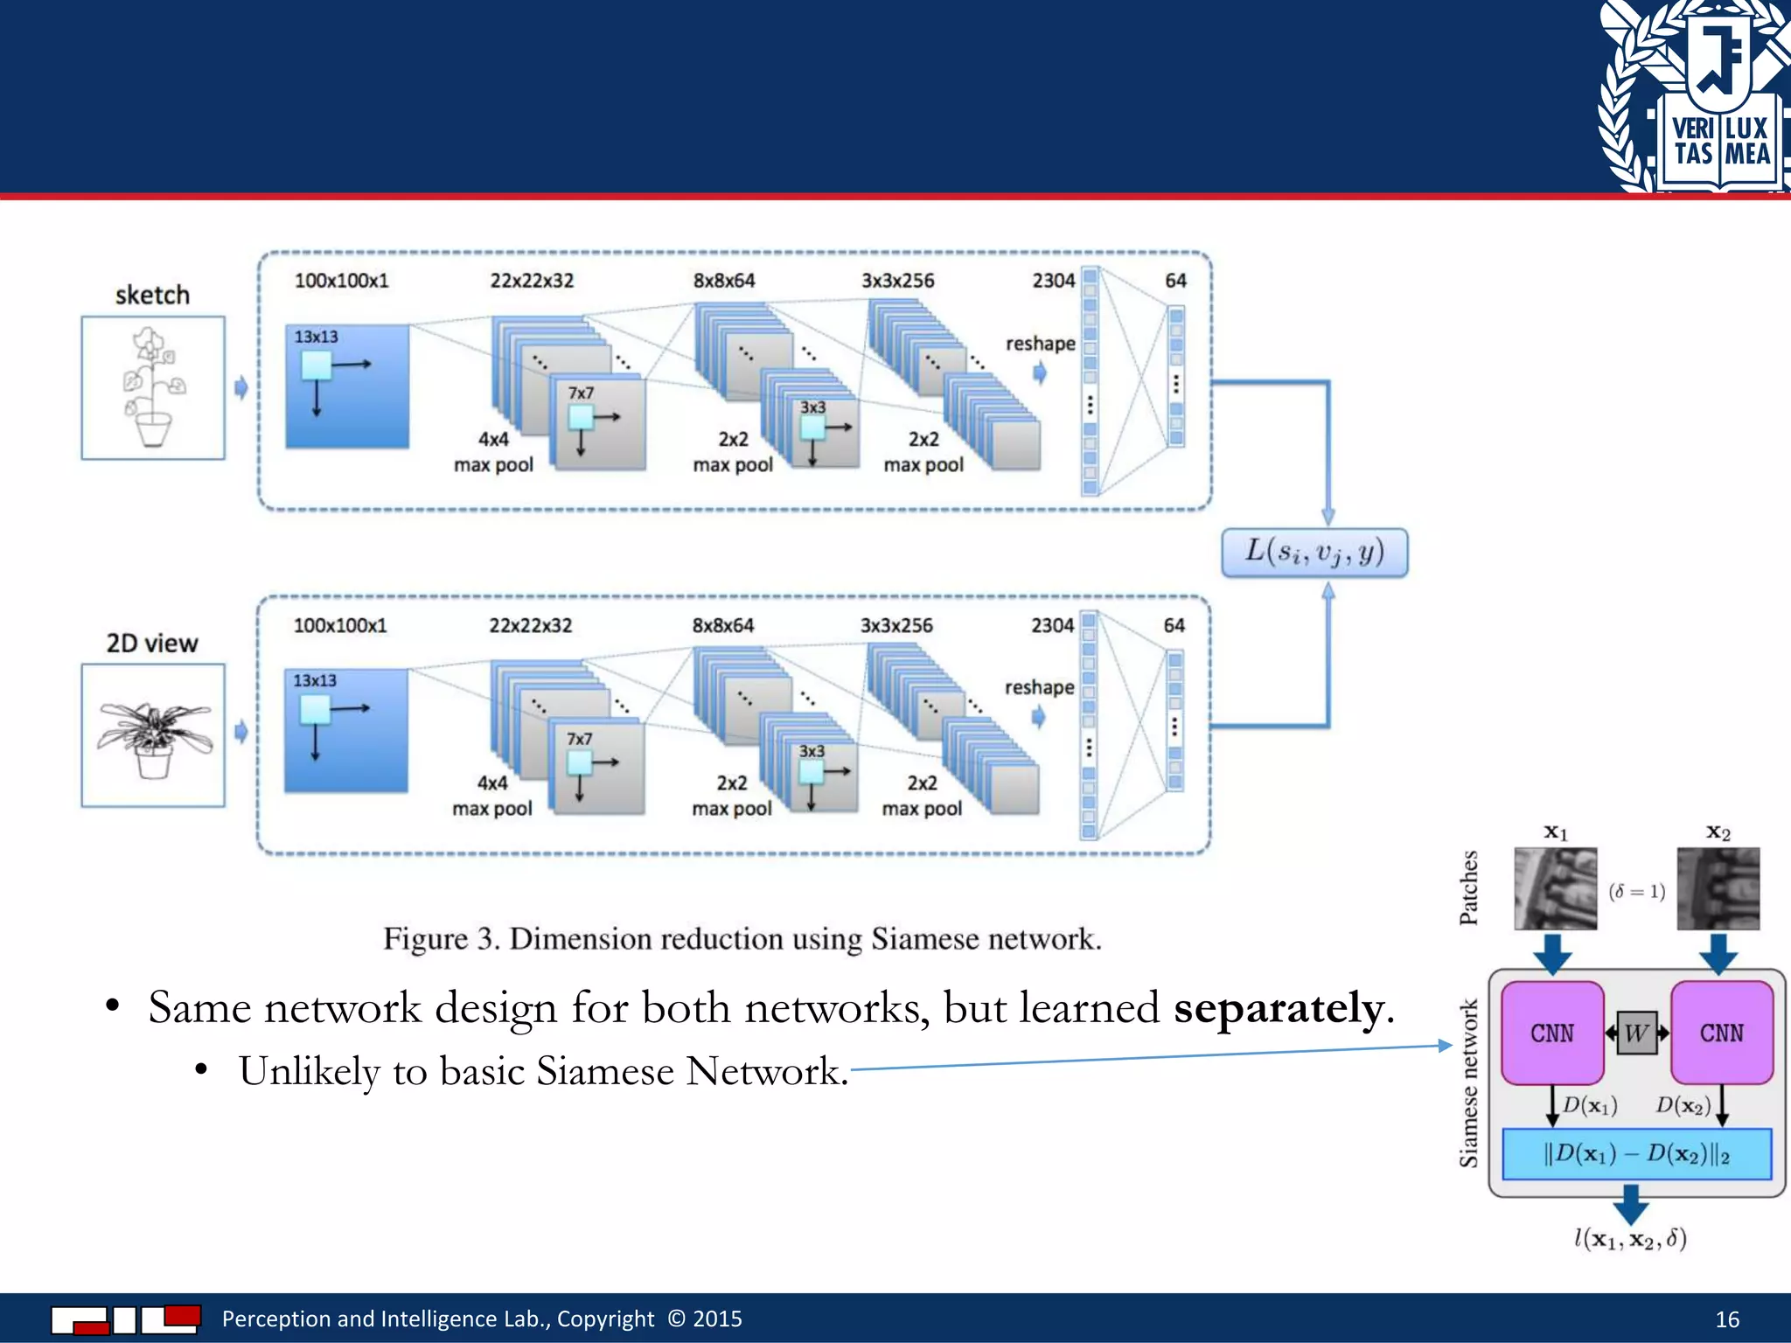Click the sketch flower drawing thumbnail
coord(153,387)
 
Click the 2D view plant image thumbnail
coord(153,734)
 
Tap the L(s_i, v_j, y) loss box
coord(1314,553)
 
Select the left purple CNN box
coord(1552,1033)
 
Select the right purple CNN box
coord(1721,1033)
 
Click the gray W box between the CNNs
coord(1636,1033)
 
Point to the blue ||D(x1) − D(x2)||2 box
coord(1636,1154)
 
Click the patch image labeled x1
coord(1555,888)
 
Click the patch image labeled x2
coord(1718,888)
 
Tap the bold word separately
coord(1279,1008)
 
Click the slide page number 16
coord(1727,1319)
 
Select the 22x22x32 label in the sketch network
coord(532,281)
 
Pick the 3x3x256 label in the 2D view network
coord(896,625)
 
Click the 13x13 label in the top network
coord(316,337)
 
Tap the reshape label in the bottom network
coord(1039,687)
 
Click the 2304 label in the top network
coord(1053,281)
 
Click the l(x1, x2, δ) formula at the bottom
coord(1630,1238)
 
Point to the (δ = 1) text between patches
coord(1636,891)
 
